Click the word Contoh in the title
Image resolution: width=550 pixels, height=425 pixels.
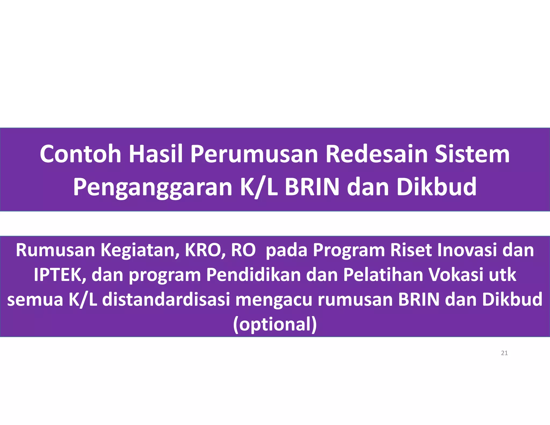[80, 154]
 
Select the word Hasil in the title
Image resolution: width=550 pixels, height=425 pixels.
[156, 154]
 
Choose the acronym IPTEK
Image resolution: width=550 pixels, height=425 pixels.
[60, 275]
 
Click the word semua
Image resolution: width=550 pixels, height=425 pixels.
[35, 299]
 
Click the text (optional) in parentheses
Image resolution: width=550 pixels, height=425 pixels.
[275, 325]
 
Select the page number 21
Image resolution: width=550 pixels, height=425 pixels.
[504, 353]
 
